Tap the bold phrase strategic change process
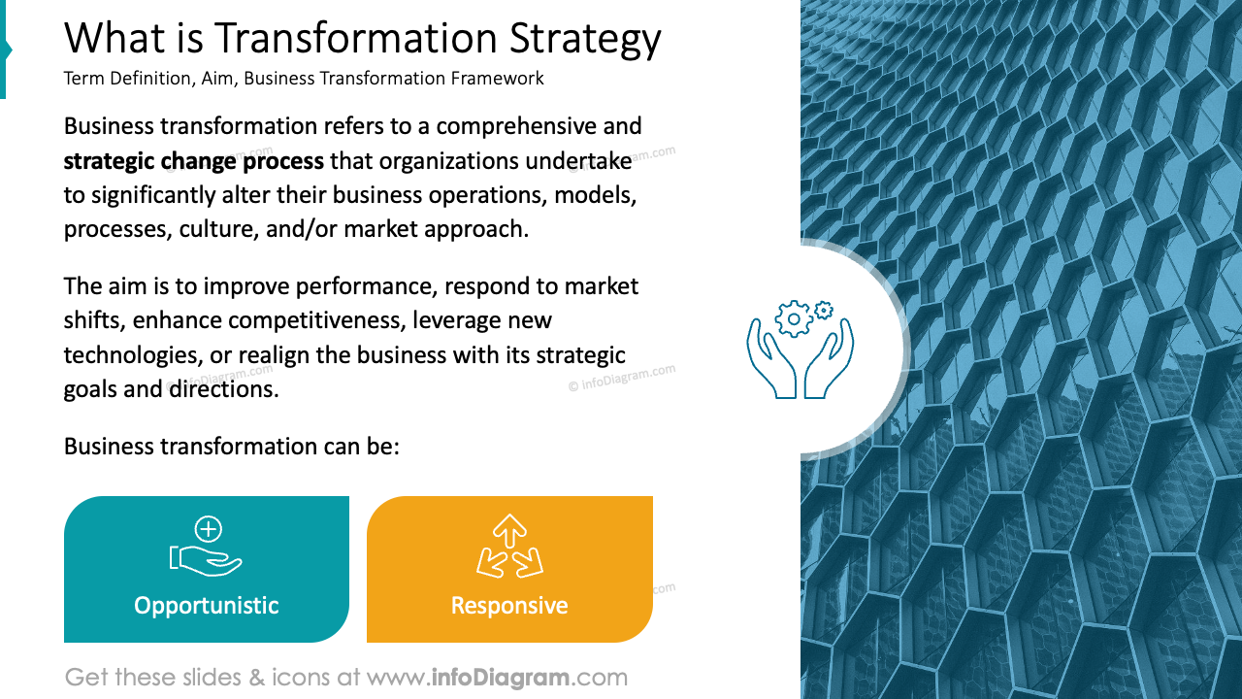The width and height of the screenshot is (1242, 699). point(194,160)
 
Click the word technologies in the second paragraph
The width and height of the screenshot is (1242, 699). point(130,354)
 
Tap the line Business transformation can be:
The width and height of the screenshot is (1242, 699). point(232,447)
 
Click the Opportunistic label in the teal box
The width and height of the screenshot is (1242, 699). point(207,606)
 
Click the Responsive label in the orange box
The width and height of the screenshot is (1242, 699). point(509,606)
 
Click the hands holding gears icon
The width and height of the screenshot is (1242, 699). point(801,349)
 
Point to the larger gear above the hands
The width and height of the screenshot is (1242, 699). point(794,318)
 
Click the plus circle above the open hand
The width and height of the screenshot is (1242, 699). point(209,529)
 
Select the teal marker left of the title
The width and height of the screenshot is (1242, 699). point(5,50)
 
